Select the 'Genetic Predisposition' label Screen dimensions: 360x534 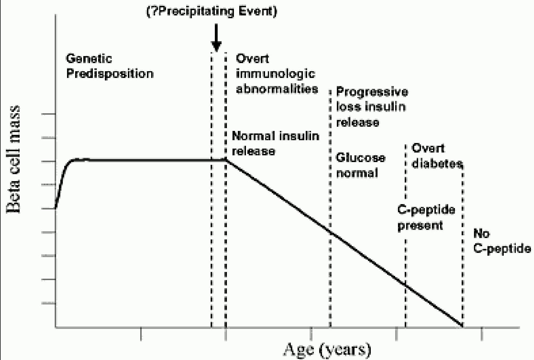click(x=109, y=66)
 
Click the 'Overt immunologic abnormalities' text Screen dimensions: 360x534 click(x=277, y=74)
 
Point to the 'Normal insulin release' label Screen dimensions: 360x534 click(x=275, y=144)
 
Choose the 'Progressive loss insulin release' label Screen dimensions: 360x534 click(x=372, y=107)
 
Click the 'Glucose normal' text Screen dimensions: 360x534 click(x=360, y=165)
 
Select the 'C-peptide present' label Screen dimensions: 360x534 click(x=426, y=218)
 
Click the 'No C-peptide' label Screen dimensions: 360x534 click(x=501, y=241)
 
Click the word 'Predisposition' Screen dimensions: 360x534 click(x=110, y=74)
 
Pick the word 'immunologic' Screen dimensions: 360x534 click(x=276, y=74)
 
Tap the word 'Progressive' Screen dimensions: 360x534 click(x=372, y=92)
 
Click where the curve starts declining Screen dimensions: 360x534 click(x=226, y=160)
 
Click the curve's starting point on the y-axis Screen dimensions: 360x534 click(x=56, y=208)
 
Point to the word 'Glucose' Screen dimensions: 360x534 click(x=360, y=158)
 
